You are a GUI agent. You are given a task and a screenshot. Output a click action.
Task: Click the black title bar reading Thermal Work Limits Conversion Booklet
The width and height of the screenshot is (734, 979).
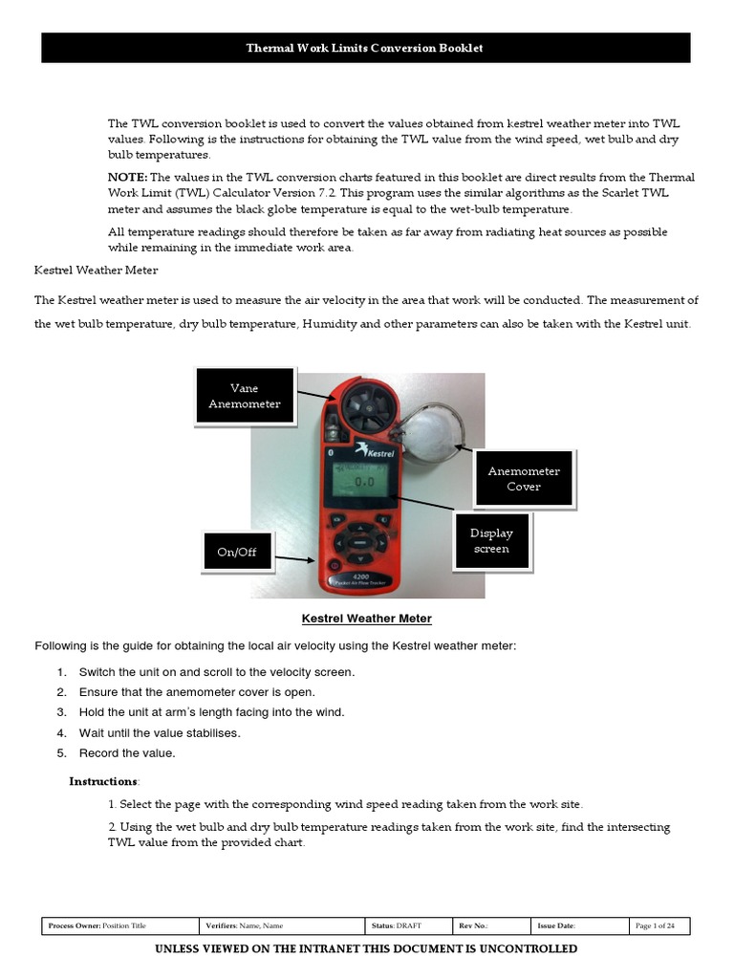366,48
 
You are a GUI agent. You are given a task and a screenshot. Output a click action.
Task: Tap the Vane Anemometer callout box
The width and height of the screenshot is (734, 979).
245,396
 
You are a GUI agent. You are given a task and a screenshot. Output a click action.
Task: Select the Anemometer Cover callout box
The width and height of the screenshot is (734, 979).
524,478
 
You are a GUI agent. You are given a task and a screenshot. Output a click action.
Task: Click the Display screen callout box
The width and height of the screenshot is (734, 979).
491,541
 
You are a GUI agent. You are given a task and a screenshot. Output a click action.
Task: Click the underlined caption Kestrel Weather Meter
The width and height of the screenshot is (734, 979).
367,619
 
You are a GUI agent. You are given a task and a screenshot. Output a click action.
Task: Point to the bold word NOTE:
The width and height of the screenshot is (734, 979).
127,178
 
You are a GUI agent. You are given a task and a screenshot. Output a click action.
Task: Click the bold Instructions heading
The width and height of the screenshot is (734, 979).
104,781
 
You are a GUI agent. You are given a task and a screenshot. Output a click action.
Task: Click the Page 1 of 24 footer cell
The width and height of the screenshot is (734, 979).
660,925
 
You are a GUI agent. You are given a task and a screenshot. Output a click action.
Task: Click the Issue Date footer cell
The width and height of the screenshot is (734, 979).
579,925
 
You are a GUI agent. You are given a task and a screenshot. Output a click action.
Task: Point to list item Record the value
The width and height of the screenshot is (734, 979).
127,752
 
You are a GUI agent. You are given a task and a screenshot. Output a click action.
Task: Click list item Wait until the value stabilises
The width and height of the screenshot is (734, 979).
160,732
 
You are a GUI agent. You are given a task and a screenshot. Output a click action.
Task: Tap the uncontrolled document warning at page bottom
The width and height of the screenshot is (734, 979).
366,948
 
